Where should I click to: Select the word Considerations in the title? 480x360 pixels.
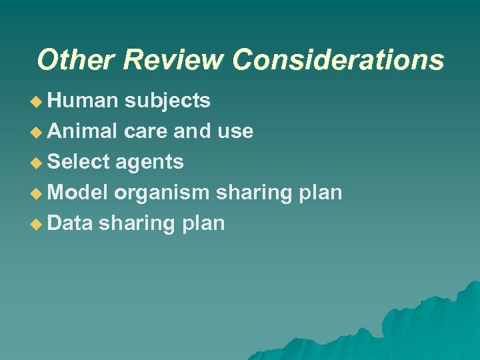point(338,59)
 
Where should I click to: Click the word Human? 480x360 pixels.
point(83,101)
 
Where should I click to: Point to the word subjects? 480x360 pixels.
point(168,101)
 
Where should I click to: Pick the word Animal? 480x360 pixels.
point(83,131)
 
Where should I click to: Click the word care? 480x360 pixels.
point(146,131)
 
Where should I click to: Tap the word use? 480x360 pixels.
point(235,131)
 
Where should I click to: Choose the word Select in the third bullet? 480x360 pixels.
point(79,162)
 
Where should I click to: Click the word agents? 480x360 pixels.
point(150,162)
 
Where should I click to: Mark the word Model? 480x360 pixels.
point(78,193)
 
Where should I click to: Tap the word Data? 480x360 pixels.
point(70,223)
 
